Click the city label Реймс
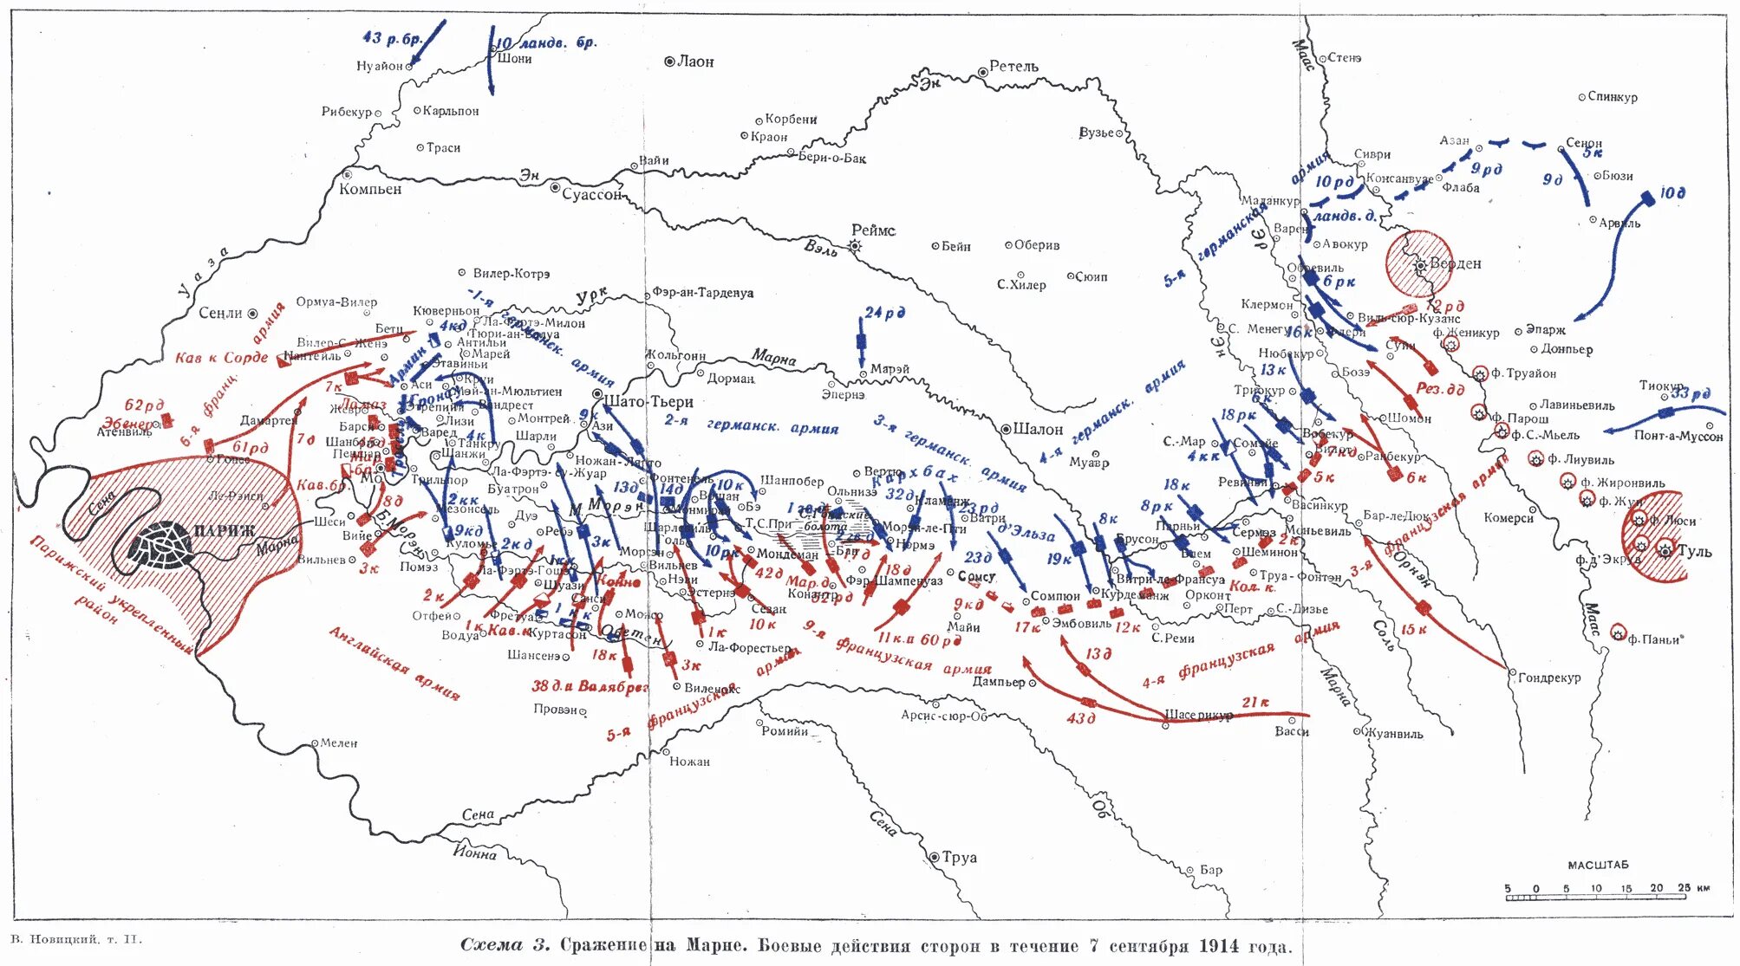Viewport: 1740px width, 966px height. click(873, 230)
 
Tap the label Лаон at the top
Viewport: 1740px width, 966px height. click(695, 62)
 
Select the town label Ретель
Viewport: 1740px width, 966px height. click(1013, 67)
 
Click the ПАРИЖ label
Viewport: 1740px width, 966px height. click(224, 530)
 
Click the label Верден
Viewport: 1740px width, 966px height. click(1456, 263)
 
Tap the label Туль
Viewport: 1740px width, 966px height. click(1694, 552)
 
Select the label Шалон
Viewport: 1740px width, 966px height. click(1038, 429)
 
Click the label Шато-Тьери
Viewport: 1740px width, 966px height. click(648, 402)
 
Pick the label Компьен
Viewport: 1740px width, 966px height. click(370, 189)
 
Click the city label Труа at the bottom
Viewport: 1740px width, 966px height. click(959, 857)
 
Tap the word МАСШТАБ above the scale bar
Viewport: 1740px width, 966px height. click(1598, 865)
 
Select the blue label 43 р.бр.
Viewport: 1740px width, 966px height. click(392, 39)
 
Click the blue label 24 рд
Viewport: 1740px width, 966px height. click(884, 312)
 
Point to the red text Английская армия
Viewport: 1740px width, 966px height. click(394, 663)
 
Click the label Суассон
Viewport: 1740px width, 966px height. click(591, 194)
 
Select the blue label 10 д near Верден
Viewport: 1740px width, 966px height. click(1672, 193)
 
